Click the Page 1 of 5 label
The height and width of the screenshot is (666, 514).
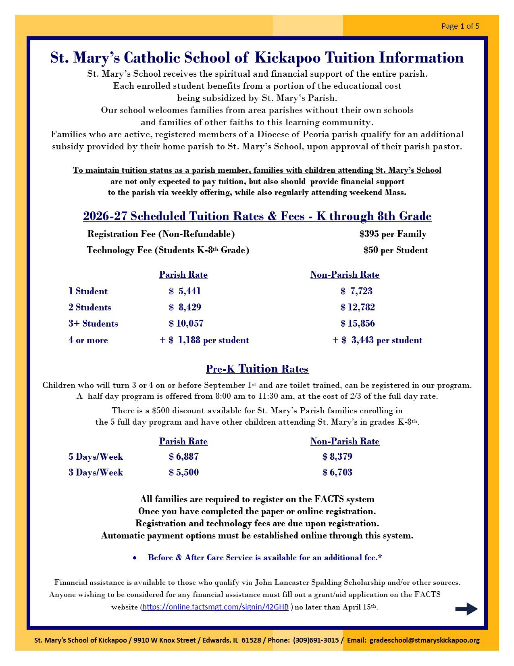pos(460,26)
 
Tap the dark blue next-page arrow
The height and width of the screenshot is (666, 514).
pos(466,609)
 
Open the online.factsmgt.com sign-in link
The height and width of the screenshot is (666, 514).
pos(215,607)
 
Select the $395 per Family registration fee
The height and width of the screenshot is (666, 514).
pos(393,234)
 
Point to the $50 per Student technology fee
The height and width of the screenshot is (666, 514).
pos(395,250)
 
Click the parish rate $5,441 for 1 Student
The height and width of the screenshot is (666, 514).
pos(185,291)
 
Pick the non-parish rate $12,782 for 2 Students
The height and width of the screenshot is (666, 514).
pos(358,308)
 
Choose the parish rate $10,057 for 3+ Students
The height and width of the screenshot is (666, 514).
pos(186,324)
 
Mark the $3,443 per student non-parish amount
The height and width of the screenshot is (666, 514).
pos(377,340)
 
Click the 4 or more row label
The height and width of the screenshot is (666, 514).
pos(88,340)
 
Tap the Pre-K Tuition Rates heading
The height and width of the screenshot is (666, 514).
pos(257,369)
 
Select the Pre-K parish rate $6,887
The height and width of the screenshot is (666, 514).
pos(184,457)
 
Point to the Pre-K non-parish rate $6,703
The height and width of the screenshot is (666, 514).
pos(337,473)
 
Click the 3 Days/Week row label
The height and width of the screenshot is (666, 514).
pos(96,473)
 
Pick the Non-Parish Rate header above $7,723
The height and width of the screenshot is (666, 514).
pos(345,275)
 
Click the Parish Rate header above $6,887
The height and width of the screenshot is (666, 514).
pos(183,442)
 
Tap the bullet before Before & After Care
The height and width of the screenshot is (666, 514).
pos(135,558)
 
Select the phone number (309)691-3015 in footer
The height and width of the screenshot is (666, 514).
pos(316,640)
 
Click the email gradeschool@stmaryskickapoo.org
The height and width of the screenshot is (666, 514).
pos(425,640)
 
